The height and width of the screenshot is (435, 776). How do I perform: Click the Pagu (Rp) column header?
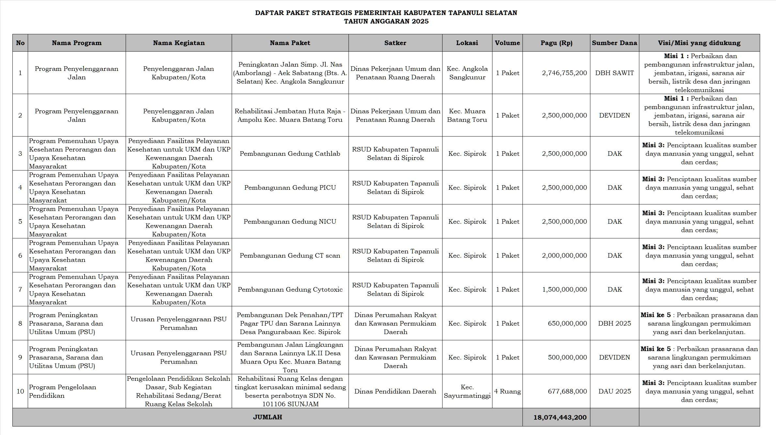click(556, 43)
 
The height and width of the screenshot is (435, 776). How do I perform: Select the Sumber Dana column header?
click(614, 43)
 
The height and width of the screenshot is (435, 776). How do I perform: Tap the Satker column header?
click(395, 43)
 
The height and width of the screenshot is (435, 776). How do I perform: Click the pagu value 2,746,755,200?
click(564, 73)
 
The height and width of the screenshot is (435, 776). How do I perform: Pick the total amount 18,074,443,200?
click(560, 417)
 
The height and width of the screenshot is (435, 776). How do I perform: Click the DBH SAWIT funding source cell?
click(614, 73)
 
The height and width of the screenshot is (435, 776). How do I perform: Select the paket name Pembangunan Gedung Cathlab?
click(290, 153)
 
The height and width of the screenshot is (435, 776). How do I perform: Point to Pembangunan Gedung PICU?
click(290, 187)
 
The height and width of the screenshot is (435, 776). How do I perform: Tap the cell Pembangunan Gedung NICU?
click(290, 221)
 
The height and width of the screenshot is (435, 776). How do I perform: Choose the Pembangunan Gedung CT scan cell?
click(290, 255)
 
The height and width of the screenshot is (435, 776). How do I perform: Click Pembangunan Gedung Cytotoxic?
click(290, 289)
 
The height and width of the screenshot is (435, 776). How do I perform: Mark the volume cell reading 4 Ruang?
click(507, 391)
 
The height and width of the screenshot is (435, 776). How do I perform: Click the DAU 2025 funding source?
click(614, 391)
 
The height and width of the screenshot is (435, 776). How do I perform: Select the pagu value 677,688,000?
click(567, 391)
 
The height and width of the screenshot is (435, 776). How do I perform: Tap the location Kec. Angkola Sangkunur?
click(467, 73)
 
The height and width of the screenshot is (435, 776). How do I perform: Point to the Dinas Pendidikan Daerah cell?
click(395, 391)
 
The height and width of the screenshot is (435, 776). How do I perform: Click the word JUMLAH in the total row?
click(267, 417)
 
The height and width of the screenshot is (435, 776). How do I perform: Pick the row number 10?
click(20, 391)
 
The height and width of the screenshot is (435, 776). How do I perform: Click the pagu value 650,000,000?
click(567, 323)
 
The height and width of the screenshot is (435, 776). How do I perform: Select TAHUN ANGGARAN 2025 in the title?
click(386, 21)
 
